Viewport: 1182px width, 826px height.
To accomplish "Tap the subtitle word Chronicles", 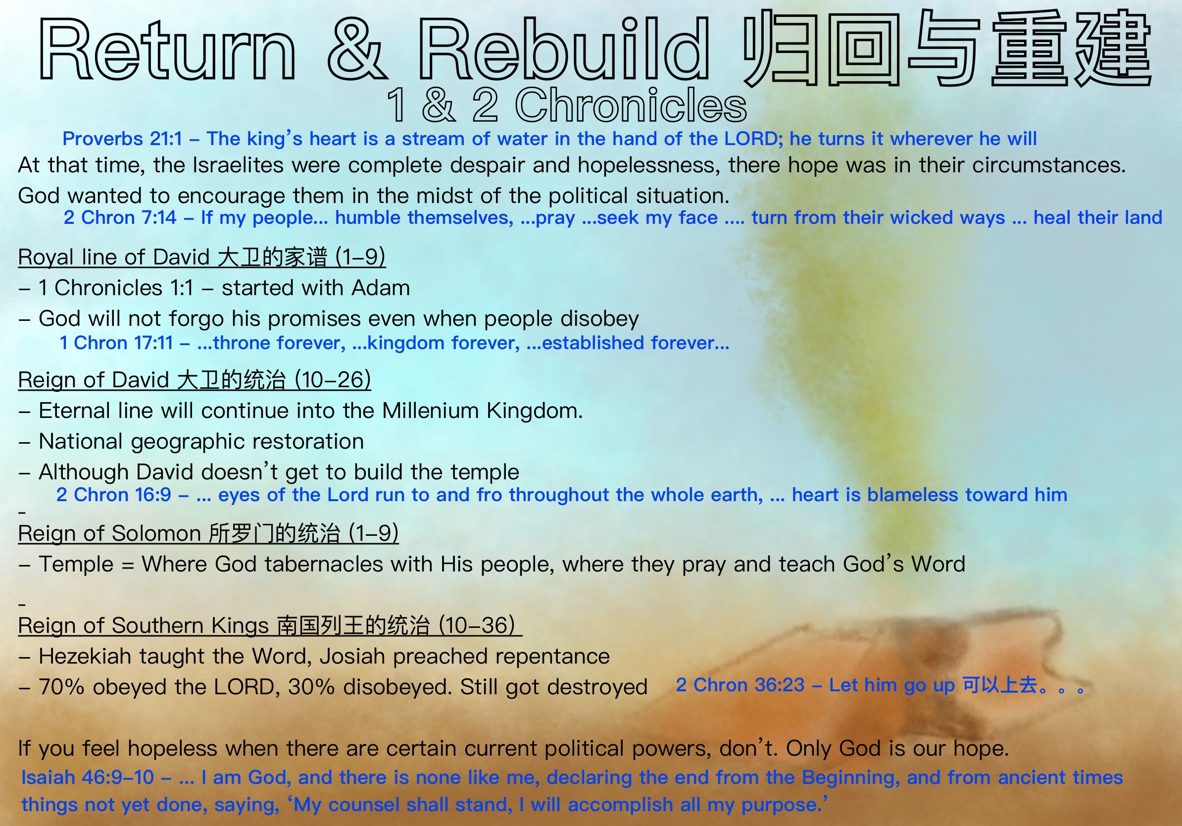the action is [631, 105].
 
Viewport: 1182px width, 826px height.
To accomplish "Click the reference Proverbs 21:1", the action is [122, 139].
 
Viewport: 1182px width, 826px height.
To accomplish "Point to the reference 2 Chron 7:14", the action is [120, 217].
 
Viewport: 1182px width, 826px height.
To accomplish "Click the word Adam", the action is [381, 288].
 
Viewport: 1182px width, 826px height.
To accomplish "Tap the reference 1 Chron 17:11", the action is [116, 343].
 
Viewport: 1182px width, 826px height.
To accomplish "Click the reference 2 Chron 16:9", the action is [114, 494].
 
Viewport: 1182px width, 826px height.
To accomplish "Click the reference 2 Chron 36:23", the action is [740, 685].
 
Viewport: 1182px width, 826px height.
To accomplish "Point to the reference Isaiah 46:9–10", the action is [88, 777].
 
